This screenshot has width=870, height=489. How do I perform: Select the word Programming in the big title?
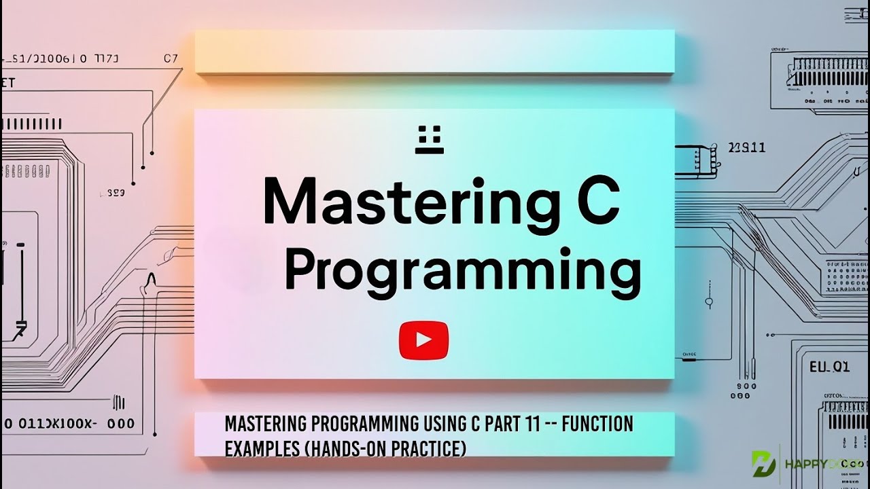[462, 272]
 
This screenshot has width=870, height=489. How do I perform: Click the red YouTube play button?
[423, 340]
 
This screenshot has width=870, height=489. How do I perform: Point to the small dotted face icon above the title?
[429, 139]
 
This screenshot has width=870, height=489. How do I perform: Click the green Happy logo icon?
[763, 463]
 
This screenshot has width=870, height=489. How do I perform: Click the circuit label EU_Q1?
[829, 367]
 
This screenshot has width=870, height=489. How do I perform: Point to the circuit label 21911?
[746, 147]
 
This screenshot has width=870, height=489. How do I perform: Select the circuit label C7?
[171, 58]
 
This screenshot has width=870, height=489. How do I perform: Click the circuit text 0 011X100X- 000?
[68, 424]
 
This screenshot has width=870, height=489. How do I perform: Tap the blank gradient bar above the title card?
[434, 52]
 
